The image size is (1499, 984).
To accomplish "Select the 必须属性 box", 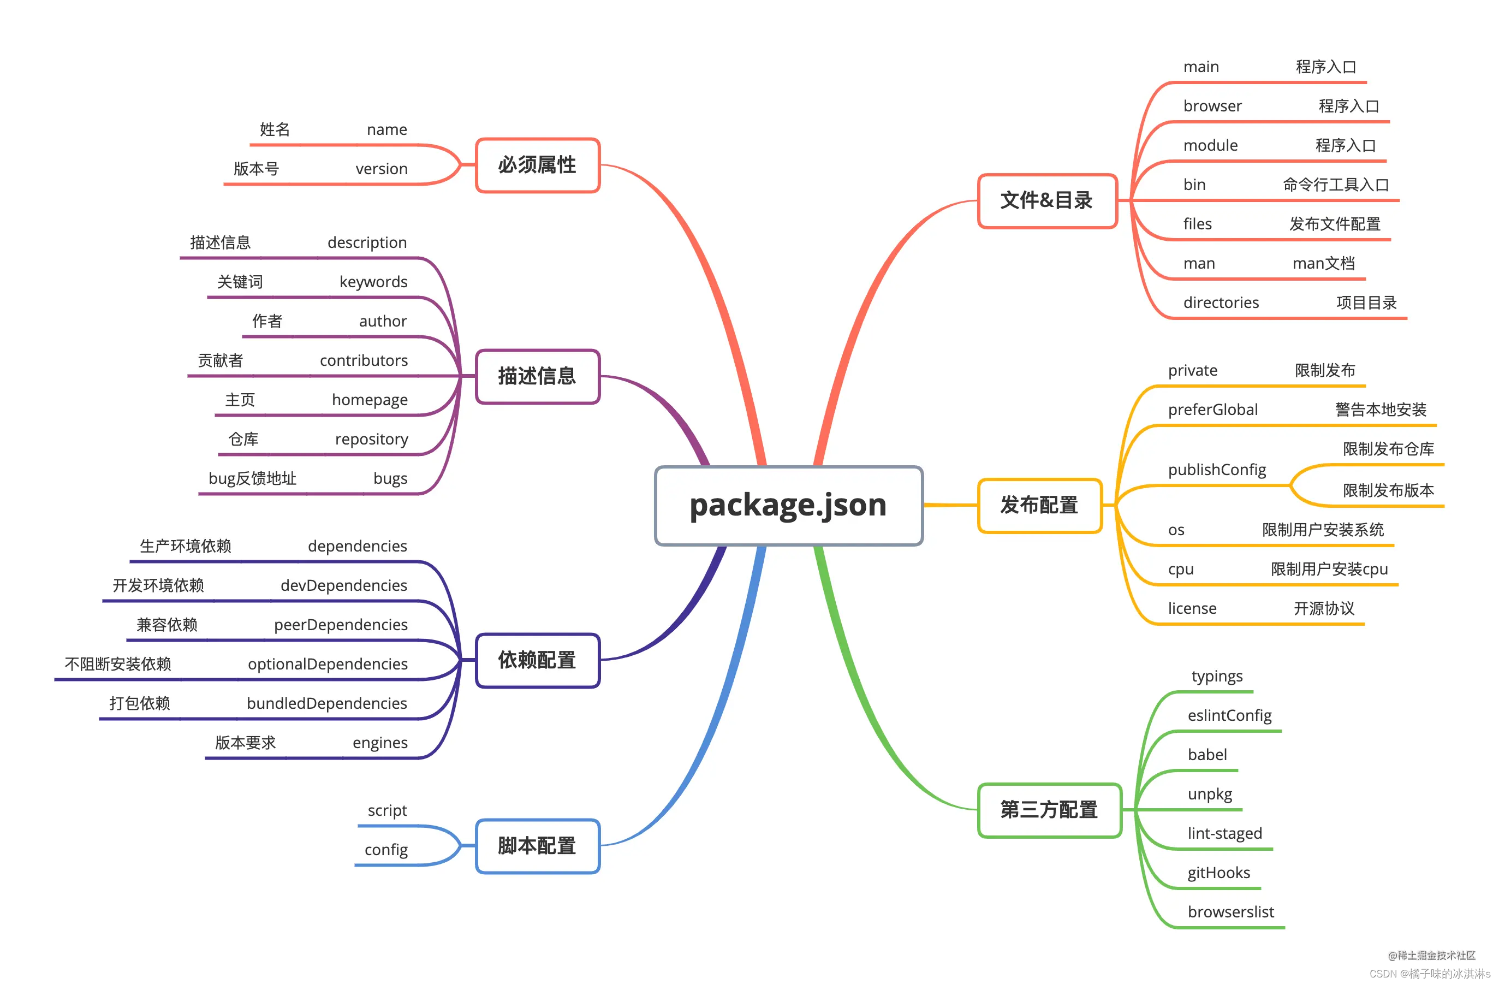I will click(x=537, y=165).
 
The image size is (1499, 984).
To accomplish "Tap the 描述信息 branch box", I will click(x=537, y=376).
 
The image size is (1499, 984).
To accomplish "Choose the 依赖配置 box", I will click(x=537, y=660).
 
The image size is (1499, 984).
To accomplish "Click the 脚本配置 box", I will click(x=537, y=845).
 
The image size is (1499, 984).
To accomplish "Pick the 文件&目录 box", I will click(x=1047, y=200).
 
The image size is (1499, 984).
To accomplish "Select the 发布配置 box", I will click(x=1039, y=505).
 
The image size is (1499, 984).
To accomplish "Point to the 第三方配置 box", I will click(x=1049, y=809).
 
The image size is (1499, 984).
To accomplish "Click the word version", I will click(x=382, y=169).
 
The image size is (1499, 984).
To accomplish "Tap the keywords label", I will click(x=373, y=282).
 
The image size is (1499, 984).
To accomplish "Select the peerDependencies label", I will click(x=341, y=624).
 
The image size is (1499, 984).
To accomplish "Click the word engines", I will click(x=380, y=743).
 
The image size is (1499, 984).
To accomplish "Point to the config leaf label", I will click(x=386, y=850).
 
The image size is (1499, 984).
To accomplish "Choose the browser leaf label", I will click(x=1212, y=106).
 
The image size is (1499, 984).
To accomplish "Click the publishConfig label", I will click(x=1217, y=470).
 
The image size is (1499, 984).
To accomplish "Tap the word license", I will click(x=1192, y=608).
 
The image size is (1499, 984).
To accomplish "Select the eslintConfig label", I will click(x=1229, y=716).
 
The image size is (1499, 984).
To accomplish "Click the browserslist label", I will click(x=1230, y=911).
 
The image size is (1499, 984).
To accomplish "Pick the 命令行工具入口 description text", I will click(x=1336, y=185).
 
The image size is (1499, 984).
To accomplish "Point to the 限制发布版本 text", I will click(x=1388, y=490).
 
